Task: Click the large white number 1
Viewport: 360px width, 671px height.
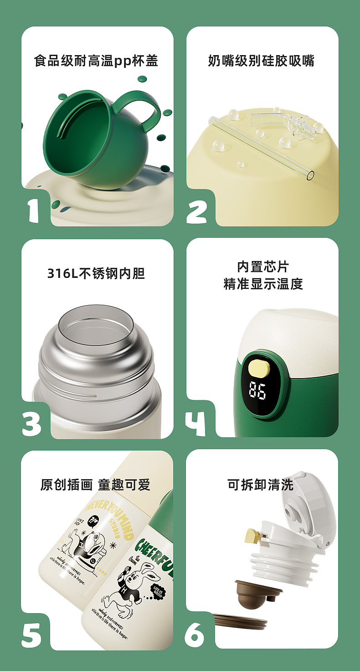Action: (x=33, y=210)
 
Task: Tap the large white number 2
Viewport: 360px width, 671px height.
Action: (x=196, y=210)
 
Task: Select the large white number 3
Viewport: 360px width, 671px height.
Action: (x=32, y=422)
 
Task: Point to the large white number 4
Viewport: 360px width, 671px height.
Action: (x=195, y=422)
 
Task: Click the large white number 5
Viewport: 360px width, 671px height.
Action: (x=31, y=634)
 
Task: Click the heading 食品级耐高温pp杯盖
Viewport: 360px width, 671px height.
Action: (x=96, y=61)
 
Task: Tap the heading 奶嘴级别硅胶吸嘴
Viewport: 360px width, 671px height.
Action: (x=261, y=61)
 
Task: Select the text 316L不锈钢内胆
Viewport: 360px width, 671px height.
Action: (x=96, y=273)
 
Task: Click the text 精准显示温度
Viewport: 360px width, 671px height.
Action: (x=263, y=284)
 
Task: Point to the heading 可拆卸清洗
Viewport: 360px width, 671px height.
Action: (x=260, y=484)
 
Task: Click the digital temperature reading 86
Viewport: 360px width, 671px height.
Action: (x=257, y=390)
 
